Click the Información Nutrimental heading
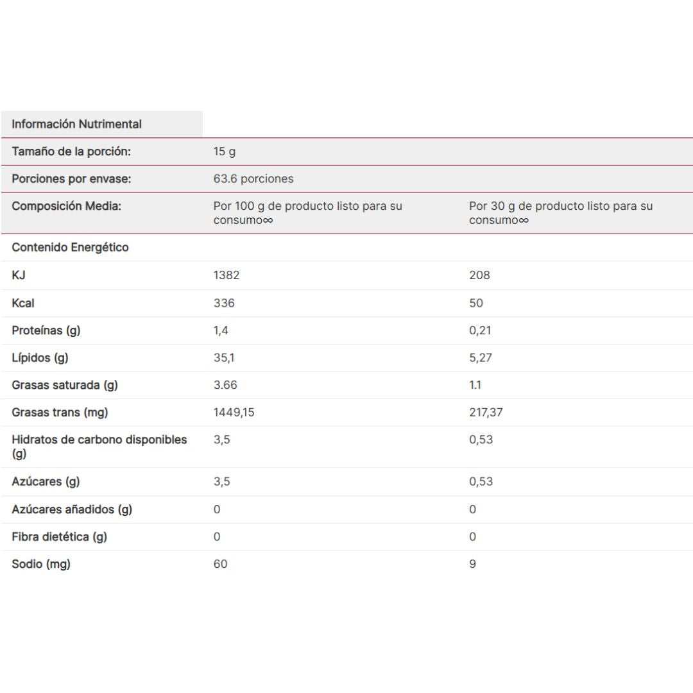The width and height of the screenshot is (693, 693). point(76,124)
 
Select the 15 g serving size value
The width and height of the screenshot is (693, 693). point(225,151)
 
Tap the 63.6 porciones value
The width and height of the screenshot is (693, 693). point(253,179)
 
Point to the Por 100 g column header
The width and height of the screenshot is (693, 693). point(307,213)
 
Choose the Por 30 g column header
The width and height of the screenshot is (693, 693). point(560,213)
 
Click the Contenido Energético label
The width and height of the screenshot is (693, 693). point(70,247)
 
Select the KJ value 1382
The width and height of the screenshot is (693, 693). point(227,275)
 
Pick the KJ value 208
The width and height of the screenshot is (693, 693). point(479,275)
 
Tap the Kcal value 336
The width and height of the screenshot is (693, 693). point(224,303)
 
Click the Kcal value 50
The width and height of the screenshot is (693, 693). point(476,303)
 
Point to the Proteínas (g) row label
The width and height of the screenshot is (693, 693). point(46,330)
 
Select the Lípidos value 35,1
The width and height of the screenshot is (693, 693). point(223,357)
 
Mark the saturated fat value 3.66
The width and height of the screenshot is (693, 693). point(225,385)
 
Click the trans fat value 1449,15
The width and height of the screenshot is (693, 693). point(234,412)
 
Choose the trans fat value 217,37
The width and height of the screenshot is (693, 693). point(486,412)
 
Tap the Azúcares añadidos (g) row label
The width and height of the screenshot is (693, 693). point(72,509)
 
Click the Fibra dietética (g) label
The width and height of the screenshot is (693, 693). point(59,536)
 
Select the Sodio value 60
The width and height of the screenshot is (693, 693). point(220,564)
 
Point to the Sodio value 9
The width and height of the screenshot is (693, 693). point(472,564)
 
